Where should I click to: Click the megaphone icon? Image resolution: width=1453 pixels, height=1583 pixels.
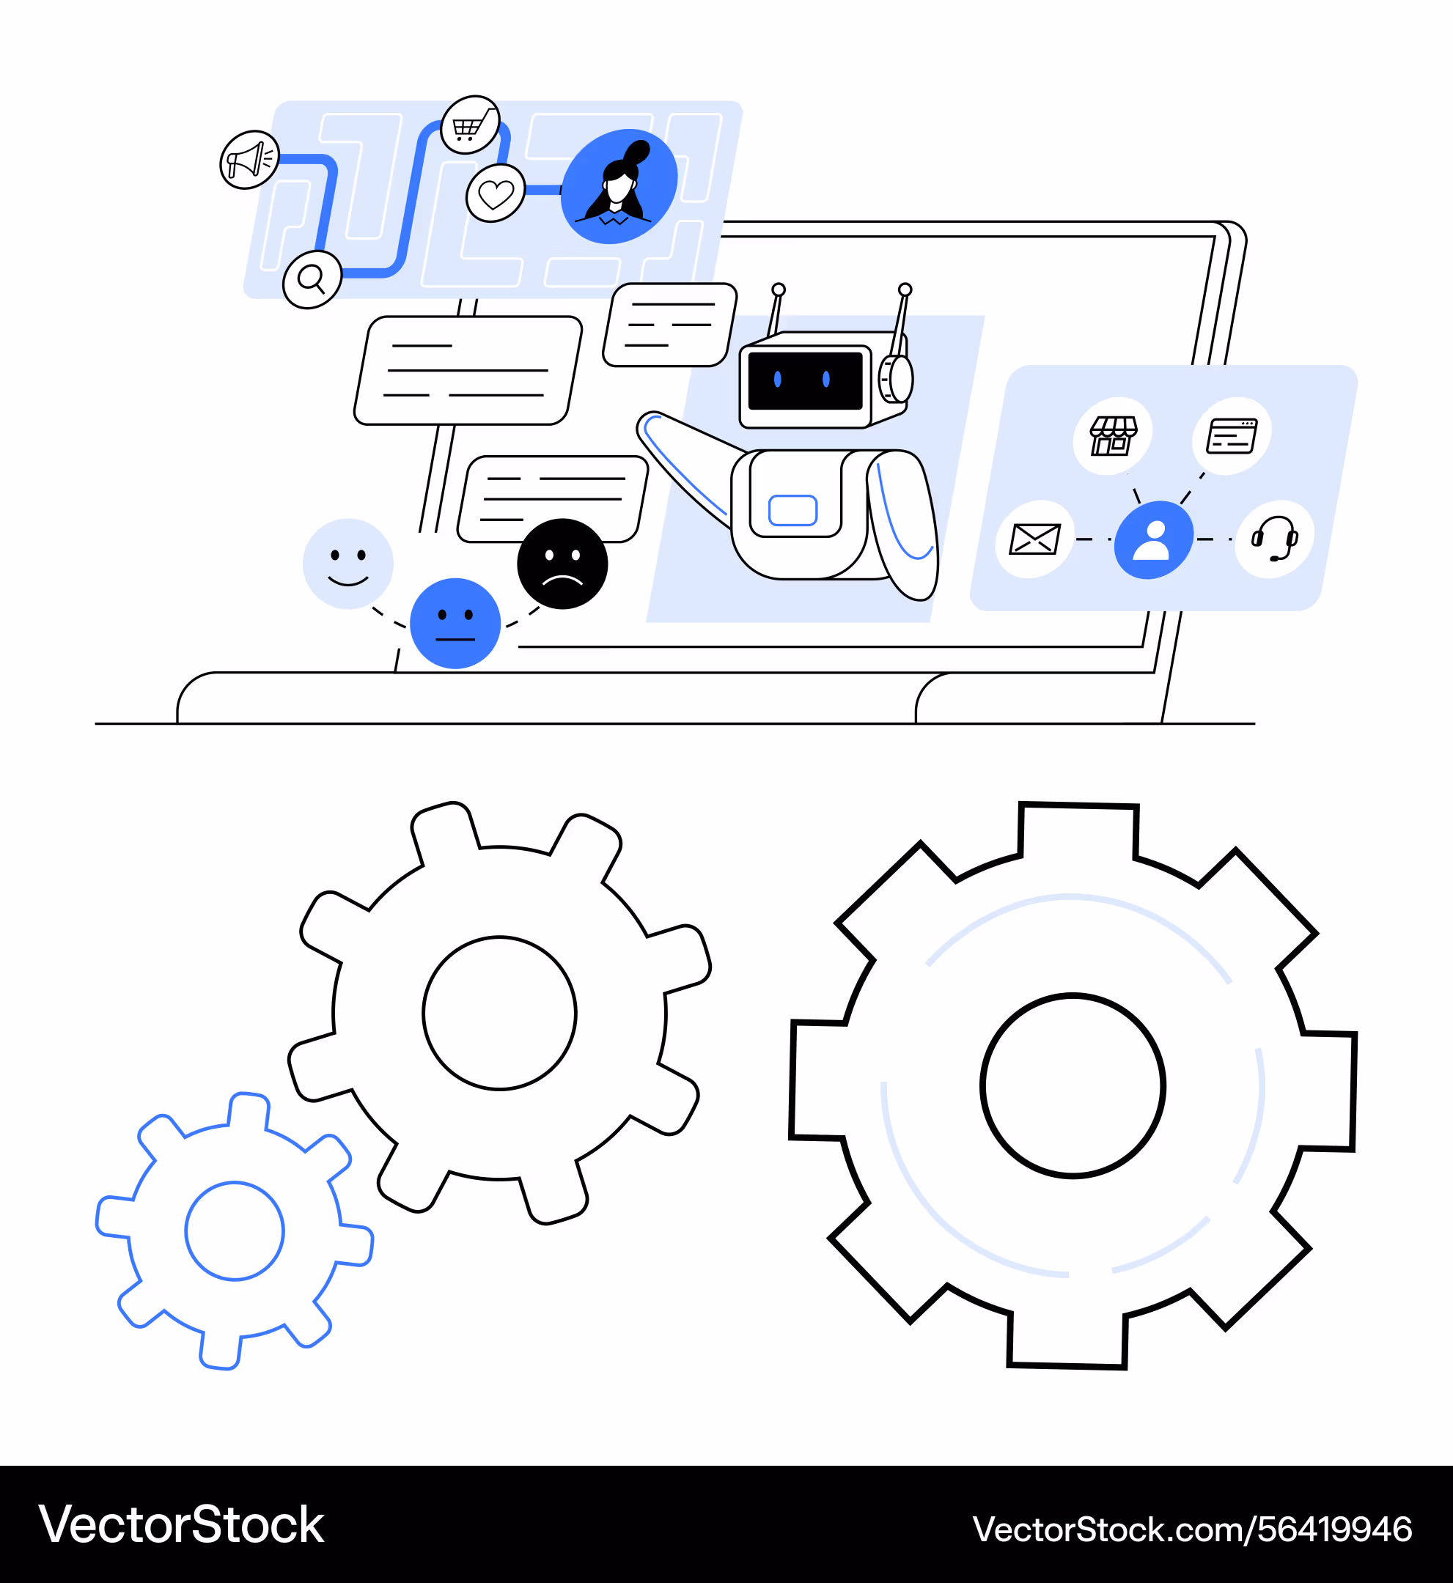coord(249,160)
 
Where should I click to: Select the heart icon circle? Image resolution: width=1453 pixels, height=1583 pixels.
coord(496,193)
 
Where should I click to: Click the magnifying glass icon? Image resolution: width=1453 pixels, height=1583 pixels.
coord(312,279)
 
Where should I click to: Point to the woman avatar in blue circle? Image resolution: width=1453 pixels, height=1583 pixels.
coord(619,186)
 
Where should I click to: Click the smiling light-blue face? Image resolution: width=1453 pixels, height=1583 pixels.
coord(347,564)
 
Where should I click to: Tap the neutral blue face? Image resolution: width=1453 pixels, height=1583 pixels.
coord(455,623)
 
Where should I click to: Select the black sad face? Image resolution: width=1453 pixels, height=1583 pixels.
coord(562,564)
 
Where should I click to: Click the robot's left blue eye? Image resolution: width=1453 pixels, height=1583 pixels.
coord(778,380)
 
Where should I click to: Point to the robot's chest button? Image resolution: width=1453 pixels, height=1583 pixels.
coord(792,510)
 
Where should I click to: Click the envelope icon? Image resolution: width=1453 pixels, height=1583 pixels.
coord(1034,539)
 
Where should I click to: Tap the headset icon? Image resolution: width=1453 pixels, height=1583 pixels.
coord(1273,539)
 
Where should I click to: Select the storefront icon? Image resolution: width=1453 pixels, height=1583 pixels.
coord(1113,435)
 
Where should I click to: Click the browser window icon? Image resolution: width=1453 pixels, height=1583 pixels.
coord(1232,435)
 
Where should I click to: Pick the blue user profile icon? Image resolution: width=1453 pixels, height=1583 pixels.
coord(1153,540)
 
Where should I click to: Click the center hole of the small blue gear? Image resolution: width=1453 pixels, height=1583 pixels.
coord(235,1231)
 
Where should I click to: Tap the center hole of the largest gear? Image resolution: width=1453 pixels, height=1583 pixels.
coord(1073,1085)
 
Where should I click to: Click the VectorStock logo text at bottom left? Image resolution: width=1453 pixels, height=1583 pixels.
coord(182,1526)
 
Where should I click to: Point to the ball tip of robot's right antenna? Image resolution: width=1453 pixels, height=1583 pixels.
coord(905,289)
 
